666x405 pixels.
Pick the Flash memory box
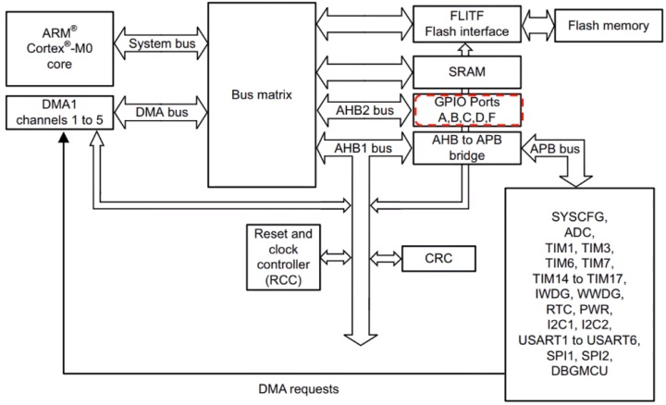[607, 25]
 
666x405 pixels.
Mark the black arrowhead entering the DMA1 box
[62, 136]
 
